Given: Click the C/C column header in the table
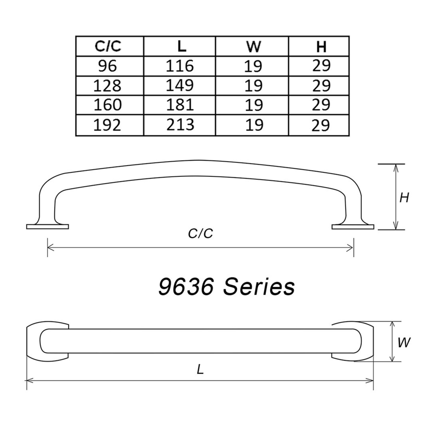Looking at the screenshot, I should point(108,46).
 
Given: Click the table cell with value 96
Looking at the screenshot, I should point(107,66).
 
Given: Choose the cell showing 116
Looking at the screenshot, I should point(180,66).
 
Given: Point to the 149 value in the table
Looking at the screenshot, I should point(180,85).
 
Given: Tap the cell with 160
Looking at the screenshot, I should point(107,105).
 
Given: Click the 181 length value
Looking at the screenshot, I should point(180,105).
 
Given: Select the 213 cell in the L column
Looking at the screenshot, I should point(180,125).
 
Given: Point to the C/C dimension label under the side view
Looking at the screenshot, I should point(200,234).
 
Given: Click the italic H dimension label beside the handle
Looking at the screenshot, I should point(404,198).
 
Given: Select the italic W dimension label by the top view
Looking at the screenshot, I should point(404,343).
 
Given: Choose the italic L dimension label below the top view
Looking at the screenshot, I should point(200,370).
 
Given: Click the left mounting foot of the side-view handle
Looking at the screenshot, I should point(47,226).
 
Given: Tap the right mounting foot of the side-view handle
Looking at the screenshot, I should point(353,226).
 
